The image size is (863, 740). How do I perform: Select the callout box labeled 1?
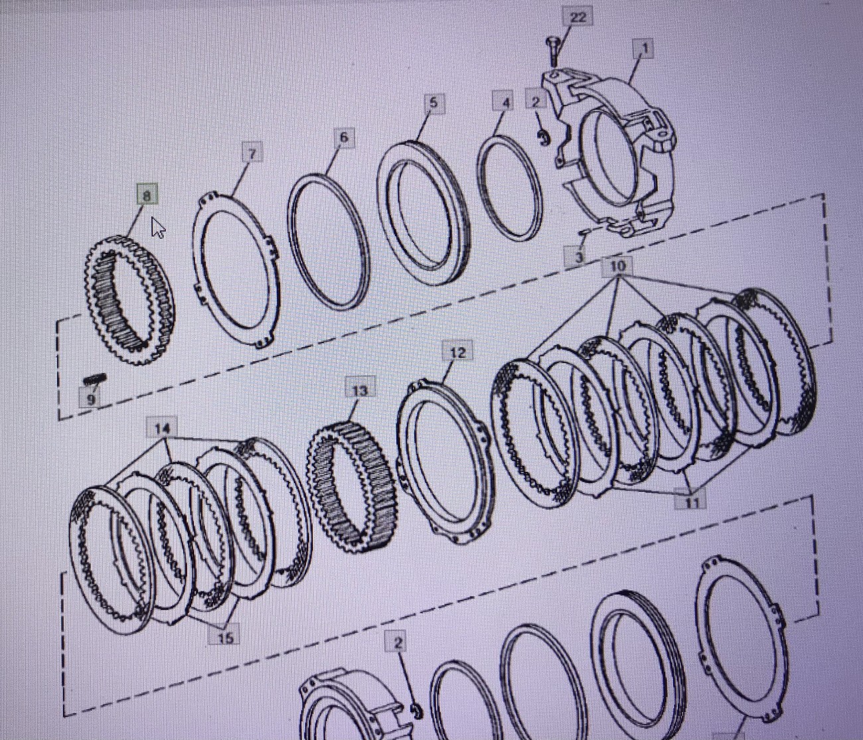click(644, 49)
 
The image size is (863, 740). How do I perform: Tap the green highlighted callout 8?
click(147, 194)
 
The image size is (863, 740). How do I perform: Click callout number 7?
click(252, 153)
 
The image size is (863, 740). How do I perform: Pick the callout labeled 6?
click(344, 137)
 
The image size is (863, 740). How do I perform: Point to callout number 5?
click(433, 103)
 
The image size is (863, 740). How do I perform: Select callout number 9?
click(90, 398)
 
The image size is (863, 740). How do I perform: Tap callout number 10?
click(617, 266)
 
